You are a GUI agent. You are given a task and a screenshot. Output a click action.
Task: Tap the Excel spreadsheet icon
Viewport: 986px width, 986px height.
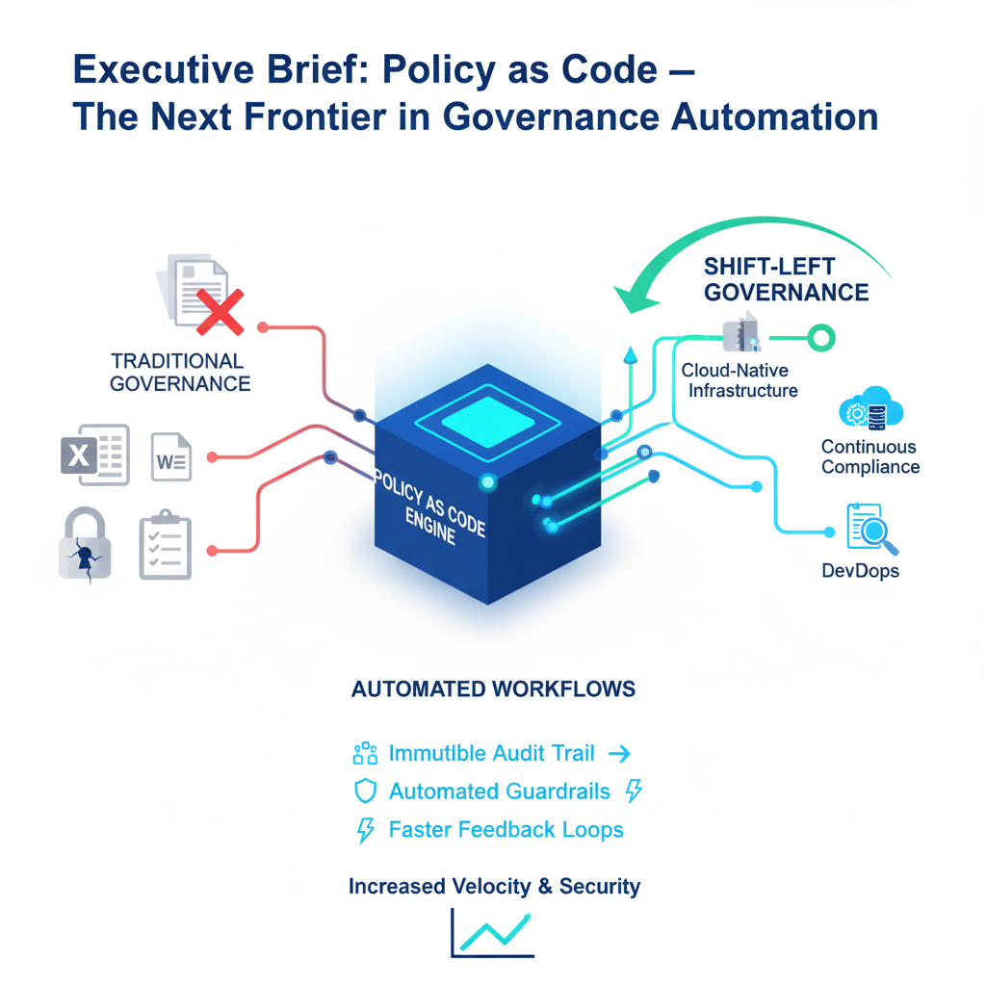tap(90, 453)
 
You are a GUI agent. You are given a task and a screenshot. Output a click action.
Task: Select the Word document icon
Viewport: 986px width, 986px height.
tap(171, 455)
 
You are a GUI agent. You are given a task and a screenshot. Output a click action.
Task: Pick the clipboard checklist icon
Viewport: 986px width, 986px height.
tap(166, 545)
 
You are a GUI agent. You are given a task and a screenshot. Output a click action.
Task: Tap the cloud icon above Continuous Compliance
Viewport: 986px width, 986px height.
tap(870, 410)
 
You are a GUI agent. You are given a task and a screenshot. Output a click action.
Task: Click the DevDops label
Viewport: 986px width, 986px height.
tap(860, 571)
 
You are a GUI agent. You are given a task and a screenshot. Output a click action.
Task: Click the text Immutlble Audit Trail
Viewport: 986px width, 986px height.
tap(491, 753)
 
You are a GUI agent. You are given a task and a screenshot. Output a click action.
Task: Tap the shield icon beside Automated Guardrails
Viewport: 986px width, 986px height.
tap(364, 791)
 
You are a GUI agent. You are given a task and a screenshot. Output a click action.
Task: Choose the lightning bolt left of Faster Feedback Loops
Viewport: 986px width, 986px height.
tap(365, 830)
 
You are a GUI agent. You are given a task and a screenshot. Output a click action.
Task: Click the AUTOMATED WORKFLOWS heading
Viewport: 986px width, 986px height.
tap(493, 689)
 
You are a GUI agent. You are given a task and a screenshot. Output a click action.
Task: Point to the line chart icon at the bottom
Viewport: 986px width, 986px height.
tap(492, 931)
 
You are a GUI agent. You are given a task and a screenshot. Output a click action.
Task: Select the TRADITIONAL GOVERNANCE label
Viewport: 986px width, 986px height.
tap(179, 373)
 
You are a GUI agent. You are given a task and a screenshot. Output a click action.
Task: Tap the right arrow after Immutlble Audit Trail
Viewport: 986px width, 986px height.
tap(620, 753)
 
